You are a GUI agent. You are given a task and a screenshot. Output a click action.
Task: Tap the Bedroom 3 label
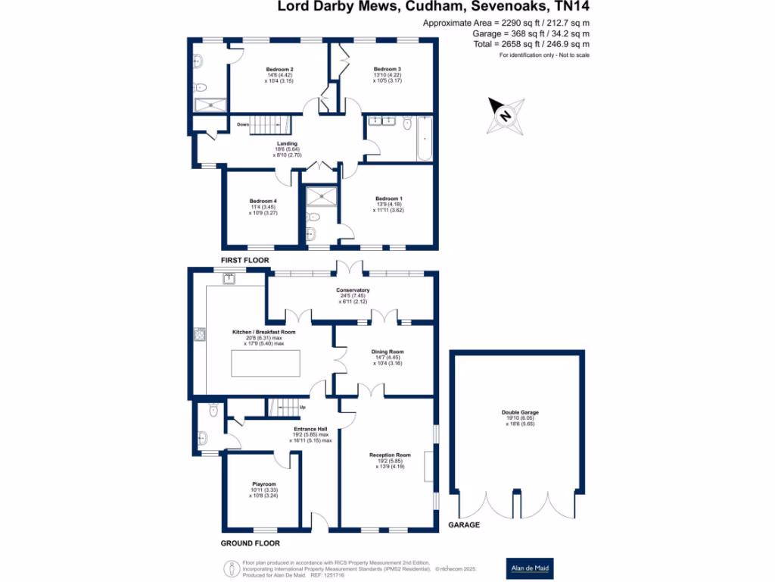[387, 69]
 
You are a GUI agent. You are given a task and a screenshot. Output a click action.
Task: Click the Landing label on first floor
[287, 143]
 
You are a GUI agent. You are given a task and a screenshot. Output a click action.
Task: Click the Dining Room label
[387, 352]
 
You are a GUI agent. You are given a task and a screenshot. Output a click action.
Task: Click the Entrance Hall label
[310, 429]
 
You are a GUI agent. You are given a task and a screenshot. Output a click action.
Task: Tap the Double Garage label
[520, 412]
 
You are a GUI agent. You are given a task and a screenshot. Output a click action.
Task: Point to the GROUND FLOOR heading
[251, 543]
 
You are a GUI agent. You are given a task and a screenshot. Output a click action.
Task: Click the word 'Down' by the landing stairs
[242, 124]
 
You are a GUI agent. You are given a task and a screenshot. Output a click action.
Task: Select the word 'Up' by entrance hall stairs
[303, 408]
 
